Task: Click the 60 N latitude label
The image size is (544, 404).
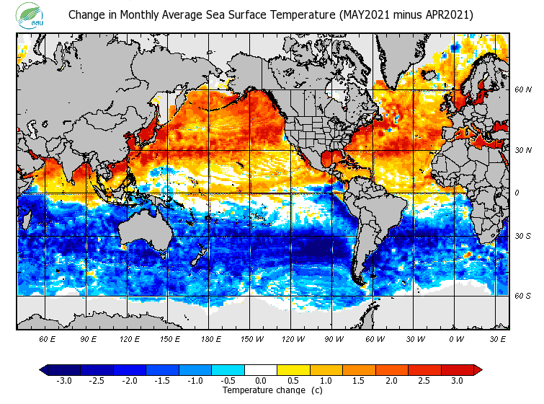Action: (x=523, y=90)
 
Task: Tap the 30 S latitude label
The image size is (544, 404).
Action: (x=523, y=236)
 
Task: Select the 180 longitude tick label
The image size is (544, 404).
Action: (x=210, y=338)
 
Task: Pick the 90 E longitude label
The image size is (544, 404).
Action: (x=88, y=338)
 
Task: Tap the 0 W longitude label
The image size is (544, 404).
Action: (x=456, y=338)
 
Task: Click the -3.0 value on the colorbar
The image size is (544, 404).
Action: (x=63, y=381)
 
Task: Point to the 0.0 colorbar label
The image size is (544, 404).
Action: (x=261, y=381)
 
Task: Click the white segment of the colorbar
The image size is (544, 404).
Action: (x=261, y=370)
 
